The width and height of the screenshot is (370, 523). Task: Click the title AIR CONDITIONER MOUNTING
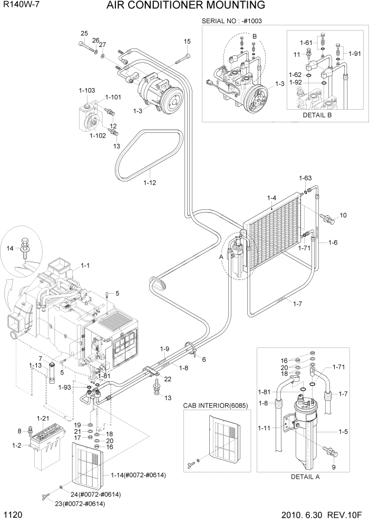coord(185,6)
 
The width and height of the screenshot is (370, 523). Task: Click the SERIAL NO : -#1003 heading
coord(232,21)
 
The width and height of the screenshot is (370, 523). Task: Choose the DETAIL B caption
coord(317,115)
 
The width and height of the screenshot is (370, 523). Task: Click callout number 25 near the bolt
coord(83,34)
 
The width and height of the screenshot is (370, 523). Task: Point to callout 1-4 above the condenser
coord(271,198)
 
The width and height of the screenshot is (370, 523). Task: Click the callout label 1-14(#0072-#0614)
coord(138,475)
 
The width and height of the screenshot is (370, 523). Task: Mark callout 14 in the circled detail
coord(9,248)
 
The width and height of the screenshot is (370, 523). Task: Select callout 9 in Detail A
coord(333,467)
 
